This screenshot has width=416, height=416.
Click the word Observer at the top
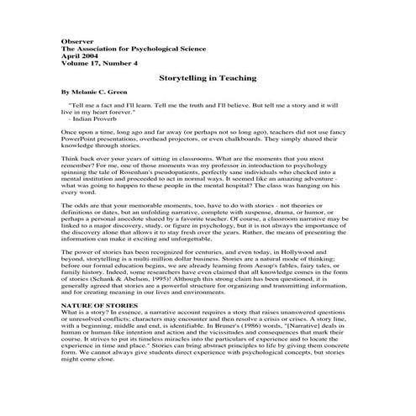click(x=77, y=40)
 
